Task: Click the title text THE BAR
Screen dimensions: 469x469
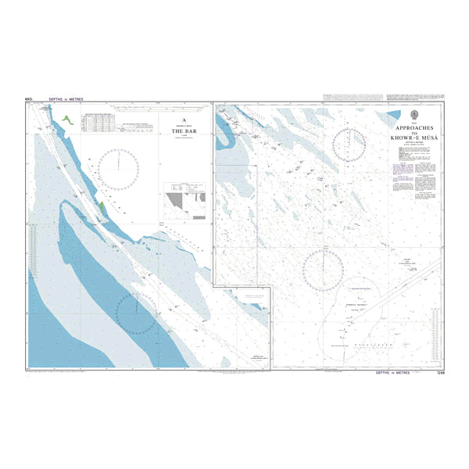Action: click(183, 132)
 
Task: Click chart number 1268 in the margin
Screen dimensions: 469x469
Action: click(440, 373)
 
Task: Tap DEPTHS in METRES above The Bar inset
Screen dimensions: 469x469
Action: click(64, 100)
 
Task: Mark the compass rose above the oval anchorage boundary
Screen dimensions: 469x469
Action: click(323, 268)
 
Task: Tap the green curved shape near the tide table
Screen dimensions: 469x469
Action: click(66, 120)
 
